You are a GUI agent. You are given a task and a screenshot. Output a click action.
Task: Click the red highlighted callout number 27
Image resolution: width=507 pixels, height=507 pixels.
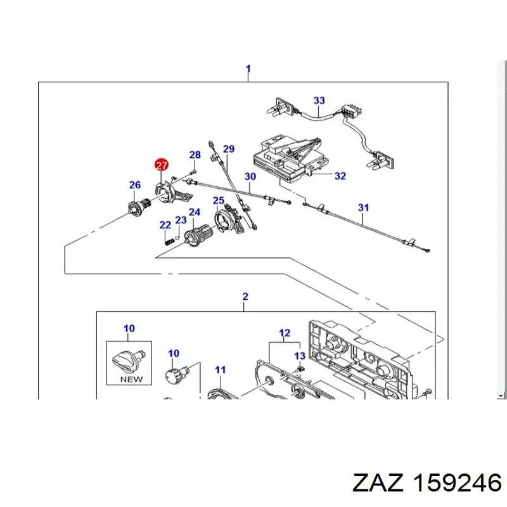pyautogui.click(x=162, y=165)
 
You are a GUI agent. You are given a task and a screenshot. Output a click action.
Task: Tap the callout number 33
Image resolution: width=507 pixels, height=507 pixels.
pyautogui.click(x=319, y=100)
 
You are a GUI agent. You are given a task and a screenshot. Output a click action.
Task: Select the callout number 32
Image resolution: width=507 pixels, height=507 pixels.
pyautogui.click(x=340, y=176)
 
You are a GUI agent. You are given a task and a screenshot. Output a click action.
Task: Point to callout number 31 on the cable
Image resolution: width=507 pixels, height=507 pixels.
pyautogui.click(x=363, y=207)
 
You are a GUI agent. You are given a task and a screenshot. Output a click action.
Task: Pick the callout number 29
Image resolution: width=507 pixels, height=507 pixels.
pyautogui.click(x=229, y=149)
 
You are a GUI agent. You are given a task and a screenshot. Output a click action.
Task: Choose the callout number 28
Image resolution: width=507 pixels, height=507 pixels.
pyautogui.click(x=195, y=155)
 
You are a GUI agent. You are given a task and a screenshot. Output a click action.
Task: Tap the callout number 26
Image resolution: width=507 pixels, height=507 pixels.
pyautogui.click(x=135, y=185)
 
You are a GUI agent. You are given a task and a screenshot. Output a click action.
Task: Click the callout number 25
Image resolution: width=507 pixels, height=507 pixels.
pyautogui.click(x=219, y=201)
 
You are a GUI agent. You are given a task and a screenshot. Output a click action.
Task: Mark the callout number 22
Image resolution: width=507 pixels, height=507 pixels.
pyautogui.click(x=165, y=225)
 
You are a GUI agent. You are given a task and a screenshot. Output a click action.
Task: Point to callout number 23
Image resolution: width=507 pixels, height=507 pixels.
pyautogui.click(x=181, y=220)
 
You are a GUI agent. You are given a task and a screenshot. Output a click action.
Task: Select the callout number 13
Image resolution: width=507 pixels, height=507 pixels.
pyautogui.click(x=300, y=356)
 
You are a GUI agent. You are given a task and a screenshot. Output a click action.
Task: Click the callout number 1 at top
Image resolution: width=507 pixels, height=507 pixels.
pyautogui.click(x=248, y=68)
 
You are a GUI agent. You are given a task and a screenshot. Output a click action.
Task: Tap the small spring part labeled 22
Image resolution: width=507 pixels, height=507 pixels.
pyautogui.click(x=168, y=240)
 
